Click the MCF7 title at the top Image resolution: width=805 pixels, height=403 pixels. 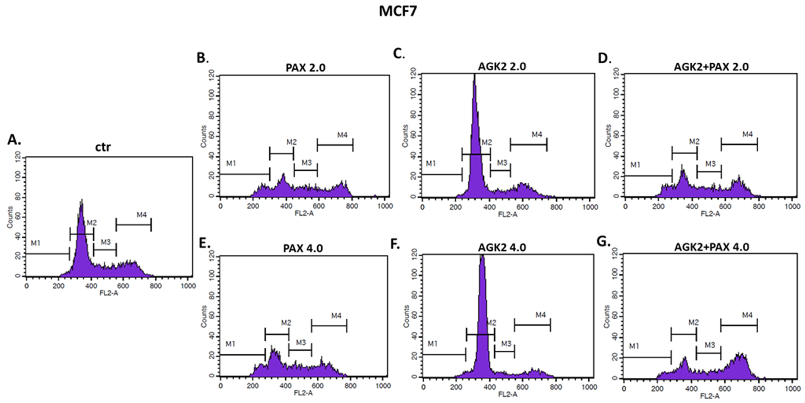pyautogui.click(x=398, y=12)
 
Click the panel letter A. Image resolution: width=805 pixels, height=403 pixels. pyautogui.click(x=14, y=140)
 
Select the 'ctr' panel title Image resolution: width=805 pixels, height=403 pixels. pyautogui.click(x=103, y=147)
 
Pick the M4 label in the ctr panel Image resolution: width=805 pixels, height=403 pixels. pyautogui.click(x=142, y=215)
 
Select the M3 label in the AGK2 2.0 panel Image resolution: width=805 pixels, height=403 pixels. pyautogui.click(x=502, y=163)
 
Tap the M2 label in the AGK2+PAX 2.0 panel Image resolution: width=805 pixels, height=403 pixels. pyautogui.click(x=694, y=142)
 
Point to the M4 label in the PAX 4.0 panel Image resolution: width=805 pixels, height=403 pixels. pyautogui.click(x=336, y=316)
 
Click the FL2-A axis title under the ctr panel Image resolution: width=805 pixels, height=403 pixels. pyautogui.click(x=109, y=293)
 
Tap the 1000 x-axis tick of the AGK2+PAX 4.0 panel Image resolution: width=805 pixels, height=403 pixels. pyautogui.click(x=793, y=389)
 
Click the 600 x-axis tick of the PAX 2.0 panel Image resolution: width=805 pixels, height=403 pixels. pyautogui.click(x=318, y=206)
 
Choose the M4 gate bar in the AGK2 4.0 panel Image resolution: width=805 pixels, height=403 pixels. pyautogui.click(x=532, y=325)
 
